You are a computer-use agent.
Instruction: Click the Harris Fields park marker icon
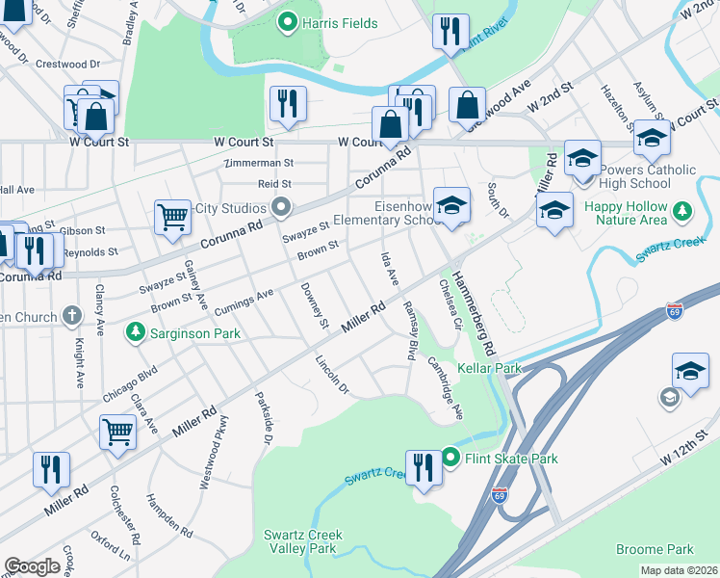[x=286, y=22]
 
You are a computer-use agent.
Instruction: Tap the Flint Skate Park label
[x=511, y=459]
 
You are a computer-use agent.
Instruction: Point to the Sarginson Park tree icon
[x=135, y=333]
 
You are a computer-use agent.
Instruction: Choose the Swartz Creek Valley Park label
[x=300, y=541]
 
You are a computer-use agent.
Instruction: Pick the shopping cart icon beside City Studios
[x=172, y=217]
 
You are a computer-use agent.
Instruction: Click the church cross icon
[x=71, y=314]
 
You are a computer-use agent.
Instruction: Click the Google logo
[x=32, y=566]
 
